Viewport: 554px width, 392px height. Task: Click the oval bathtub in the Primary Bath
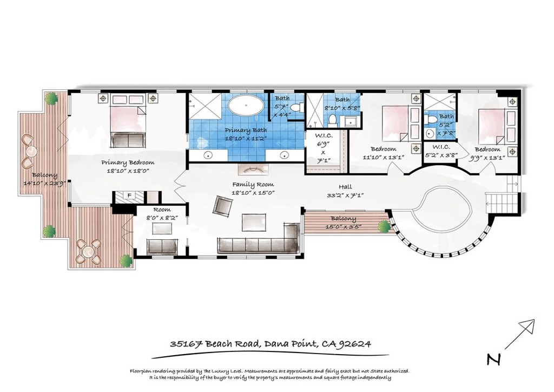247,105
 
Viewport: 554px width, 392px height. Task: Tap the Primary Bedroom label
128,162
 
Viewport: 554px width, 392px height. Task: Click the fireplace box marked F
129,195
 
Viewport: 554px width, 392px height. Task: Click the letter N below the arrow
492,359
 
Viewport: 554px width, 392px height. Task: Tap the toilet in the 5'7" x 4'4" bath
295,108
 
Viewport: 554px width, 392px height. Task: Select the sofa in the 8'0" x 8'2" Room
162,246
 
